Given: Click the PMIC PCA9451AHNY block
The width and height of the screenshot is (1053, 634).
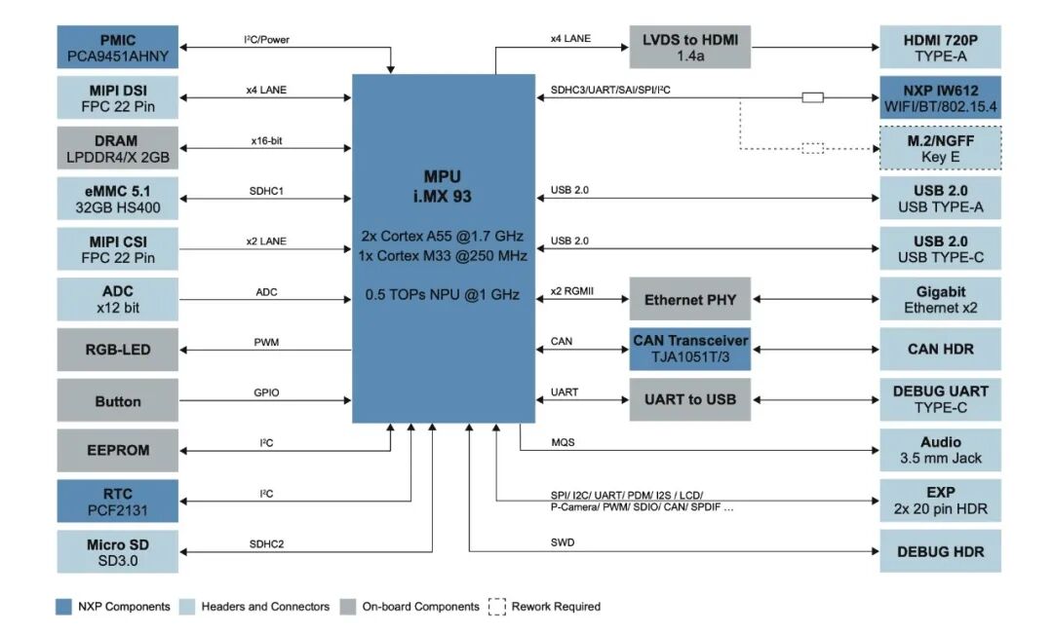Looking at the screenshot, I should [118, 48].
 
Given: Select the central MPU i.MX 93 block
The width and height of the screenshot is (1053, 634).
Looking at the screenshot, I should [444, 248].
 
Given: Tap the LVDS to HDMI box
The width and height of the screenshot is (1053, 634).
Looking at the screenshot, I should [689, 48].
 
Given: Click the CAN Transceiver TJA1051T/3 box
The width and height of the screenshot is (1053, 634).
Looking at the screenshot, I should [689, 349].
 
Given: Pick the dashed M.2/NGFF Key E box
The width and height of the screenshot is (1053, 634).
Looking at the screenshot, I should [940, 148].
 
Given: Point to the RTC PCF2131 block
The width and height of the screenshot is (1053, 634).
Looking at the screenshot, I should [118, 502].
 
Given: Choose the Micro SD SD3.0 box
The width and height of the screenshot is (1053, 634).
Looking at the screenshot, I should [118, 552].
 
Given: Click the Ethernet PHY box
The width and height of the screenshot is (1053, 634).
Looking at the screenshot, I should [689, 299].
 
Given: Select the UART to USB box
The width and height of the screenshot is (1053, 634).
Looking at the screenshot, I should [689, 399].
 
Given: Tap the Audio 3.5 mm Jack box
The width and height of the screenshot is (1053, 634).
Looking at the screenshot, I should [940, 450].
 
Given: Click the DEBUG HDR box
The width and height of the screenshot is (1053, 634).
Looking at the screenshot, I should [940, 551].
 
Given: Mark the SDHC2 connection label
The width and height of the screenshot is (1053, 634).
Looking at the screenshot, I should [266, 544].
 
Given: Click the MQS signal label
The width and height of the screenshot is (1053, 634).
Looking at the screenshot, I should [563, 443].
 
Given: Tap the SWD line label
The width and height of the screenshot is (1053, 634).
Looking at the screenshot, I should [562, 543].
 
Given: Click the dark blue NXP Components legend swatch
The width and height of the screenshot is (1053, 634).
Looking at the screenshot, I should [62, 607].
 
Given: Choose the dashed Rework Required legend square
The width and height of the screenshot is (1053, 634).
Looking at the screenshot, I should [497, 607].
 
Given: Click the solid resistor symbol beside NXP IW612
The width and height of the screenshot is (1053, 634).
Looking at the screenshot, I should [812, 97].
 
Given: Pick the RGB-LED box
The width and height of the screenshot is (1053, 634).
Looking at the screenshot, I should [118, 350].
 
